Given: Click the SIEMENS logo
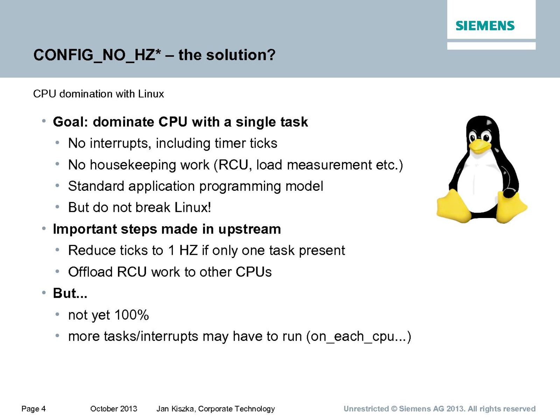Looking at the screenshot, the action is click(x=485, y=26).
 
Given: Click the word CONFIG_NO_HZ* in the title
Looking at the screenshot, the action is click(x=97, y=55).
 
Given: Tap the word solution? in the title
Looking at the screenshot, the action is click(x=241, y=55).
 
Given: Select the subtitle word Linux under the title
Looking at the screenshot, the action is click(x=151, y=94).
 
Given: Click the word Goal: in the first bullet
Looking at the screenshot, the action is click(x=70, y=122).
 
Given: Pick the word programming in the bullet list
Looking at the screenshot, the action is click(x=240, y=187).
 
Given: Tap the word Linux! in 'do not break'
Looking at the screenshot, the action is click(x=193, y=207).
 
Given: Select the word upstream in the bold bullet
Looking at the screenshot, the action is click(x=250, y=229).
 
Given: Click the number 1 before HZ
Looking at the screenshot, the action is click(x=171, y=250).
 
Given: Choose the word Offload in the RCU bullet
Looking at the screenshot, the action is click(x=91, y=272).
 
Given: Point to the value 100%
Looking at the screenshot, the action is click(x=131, y=315).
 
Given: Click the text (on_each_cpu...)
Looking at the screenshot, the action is click(x=359, y=337).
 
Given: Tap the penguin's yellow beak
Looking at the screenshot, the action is click(x=480, y=146).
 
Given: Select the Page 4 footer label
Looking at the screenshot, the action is click(x=33, y=409).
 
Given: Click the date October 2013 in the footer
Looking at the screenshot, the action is click(x=113, y=409).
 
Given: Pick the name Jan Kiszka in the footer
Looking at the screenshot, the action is click(x=176, y=409).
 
